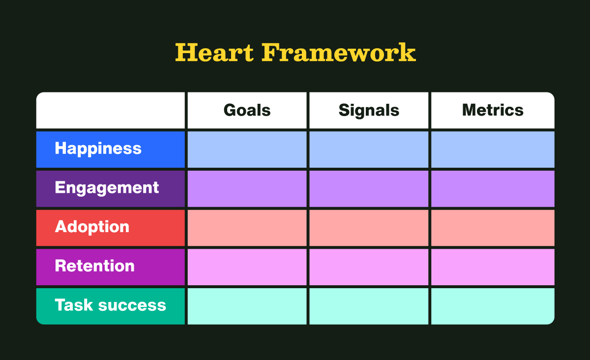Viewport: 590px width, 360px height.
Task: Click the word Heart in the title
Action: point(214,52)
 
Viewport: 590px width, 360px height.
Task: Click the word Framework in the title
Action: point(338,52)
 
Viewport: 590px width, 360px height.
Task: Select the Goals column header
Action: point(247,110)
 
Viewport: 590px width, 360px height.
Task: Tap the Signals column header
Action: point(369,110)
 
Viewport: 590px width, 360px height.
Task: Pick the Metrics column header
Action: point(493,110)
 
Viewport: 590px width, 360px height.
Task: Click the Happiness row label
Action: point(98,149)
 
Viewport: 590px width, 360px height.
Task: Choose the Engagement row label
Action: point(107,188)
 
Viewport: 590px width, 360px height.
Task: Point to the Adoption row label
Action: point(92,227)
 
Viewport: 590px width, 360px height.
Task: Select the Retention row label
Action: point(94,266)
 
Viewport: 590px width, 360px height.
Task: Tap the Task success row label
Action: point(110,305)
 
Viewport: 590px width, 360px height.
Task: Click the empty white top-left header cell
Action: point(111,110)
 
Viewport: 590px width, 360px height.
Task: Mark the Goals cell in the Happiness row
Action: point(247,150)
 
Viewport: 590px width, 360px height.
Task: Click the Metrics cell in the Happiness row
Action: point(493,150)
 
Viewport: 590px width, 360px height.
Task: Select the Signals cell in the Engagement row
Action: point(369,188)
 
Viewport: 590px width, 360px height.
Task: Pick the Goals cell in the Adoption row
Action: point(247,228)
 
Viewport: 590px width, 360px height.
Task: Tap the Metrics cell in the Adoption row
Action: point(493,228)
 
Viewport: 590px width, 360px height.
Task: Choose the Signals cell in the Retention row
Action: point(369,267)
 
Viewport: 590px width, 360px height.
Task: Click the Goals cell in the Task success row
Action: point(247,306)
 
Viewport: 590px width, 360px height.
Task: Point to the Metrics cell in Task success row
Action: point(493,306)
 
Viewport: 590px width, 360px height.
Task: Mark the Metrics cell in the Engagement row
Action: point(493,188)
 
